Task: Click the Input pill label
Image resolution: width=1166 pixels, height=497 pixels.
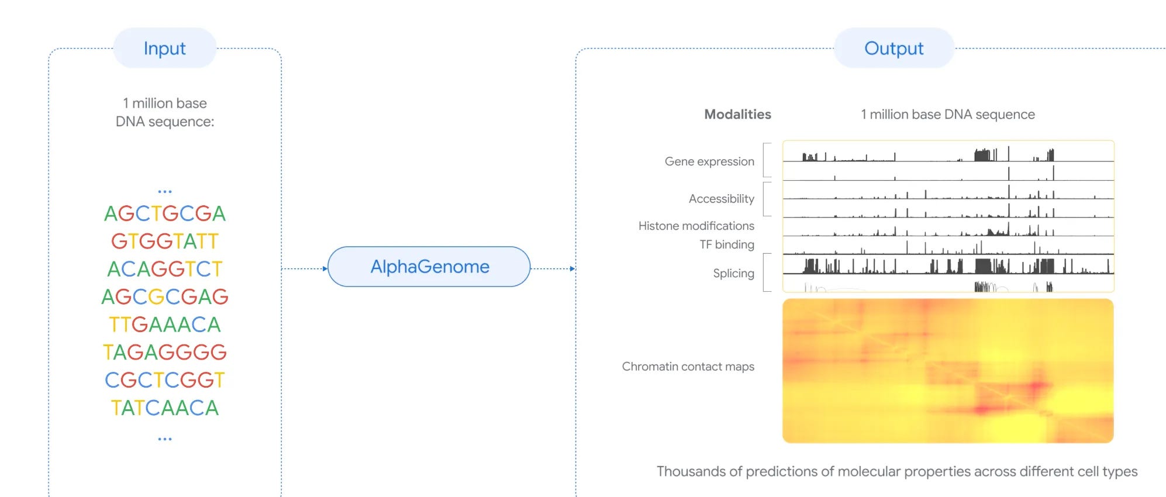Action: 164,49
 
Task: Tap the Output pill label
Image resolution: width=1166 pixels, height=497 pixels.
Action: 894,49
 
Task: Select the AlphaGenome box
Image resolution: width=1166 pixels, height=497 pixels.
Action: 429,267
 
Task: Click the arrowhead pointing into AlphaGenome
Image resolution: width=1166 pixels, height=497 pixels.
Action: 325,269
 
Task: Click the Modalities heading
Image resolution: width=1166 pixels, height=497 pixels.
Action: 737,115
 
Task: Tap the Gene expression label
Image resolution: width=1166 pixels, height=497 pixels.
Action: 709,161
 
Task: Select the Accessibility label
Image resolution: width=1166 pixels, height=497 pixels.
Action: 721,199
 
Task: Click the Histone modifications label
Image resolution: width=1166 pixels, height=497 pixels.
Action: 696,226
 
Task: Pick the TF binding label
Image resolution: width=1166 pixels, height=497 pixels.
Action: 726,244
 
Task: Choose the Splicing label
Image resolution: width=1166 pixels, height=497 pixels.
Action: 733,273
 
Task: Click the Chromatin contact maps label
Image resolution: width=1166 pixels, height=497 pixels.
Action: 688,367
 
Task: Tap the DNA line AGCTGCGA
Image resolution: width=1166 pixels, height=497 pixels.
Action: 165,214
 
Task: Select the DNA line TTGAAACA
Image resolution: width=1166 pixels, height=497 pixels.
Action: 165,325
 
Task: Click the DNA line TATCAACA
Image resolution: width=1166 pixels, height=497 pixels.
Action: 165,408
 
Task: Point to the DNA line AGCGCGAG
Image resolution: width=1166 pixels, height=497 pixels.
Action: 165,297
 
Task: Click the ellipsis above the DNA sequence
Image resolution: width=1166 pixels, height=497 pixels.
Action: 165,191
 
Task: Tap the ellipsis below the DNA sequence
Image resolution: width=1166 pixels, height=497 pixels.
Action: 165,439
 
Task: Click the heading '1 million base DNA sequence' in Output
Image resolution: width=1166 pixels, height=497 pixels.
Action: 947,115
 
